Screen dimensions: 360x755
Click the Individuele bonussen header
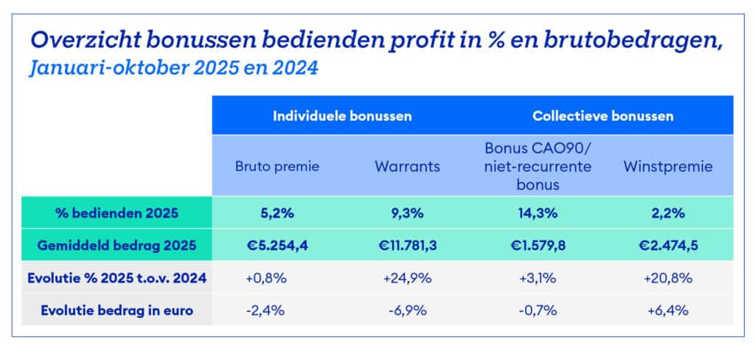[342, 116]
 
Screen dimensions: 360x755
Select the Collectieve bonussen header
[603, 116]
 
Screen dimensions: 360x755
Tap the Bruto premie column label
[276, 166]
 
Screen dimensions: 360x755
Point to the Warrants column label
[407, 166]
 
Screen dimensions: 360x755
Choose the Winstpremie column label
[668, 166]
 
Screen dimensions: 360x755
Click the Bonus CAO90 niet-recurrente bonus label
[537, 166]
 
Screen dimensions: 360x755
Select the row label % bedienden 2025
[116, 213]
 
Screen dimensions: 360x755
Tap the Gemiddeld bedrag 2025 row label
[116, 245]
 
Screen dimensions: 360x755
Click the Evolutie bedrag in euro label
[116, 310]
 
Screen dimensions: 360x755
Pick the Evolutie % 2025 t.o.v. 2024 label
[116, 278]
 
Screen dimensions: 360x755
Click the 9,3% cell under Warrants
[407, 213]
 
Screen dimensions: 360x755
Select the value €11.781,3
[407, 245]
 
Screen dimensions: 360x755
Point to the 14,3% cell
[537, 213]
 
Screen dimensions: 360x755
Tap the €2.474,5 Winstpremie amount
[668, 245]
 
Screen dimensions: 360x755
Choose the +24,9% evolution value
[407, 278]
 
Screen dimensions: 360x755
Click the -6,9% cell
[407, 310]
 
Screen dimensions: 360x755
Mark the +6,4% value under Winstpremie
[668, 310]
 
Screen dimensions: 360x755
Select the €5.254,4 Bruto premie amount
[276, 245]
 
